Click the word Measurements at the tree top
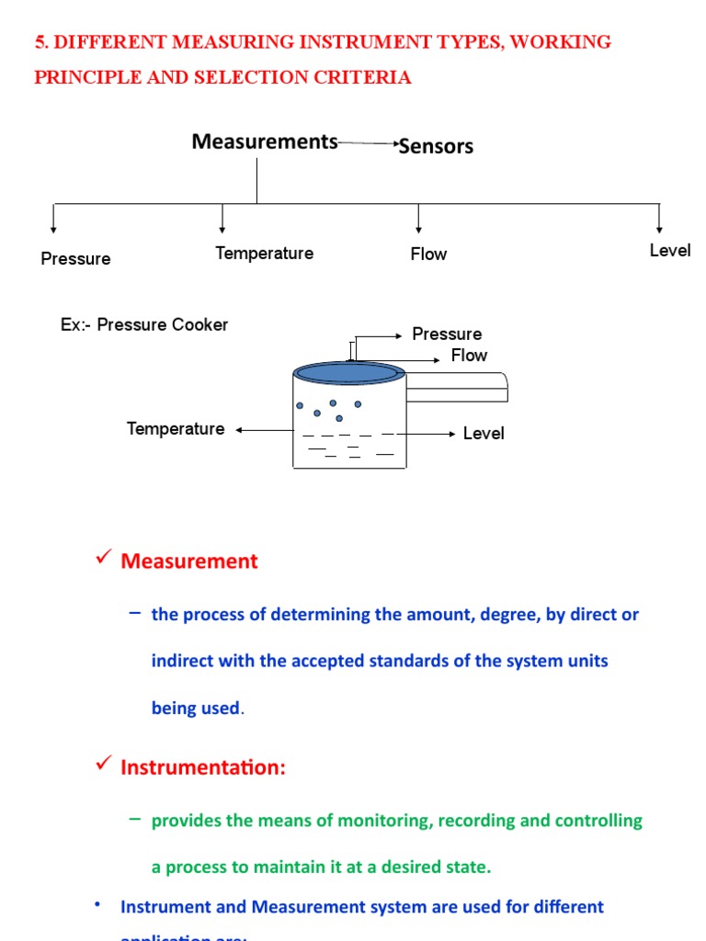(265, 142)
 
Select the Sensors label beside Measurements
(437, 146)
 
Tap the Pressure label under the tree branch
(75, 259)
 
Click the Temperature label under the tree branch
(264, 253)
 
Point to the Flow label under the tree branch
(428, 255)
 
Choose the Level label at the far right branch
(669, 251)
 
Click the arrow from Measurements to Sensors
(368, 144)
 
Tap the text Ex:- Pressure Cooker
(144, 324)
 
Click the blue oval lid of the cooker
(348, 372)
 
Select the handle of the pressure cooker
(457, 387)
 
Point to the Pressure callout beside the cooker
(447, 334)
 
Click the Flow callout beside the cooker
(469, 356)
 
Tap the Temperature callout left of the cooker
(176, 429)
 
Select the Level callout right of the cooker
(484, 434)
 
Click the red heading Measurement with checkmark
(189, 561)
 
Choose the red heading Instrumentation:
(203, 767)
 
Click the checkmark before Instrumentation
(104, 764)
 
